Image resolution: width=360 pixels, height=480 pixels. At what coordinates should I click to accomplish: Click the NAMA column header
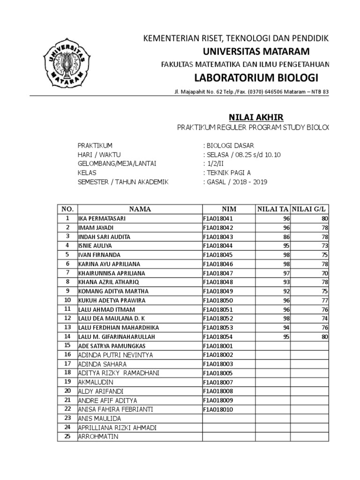140,209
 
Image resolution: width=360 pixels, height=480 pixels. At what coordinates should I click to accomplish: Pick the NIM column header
229,209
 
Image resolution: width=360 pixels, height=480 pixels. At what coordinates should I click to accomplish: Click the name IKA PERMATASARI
102,218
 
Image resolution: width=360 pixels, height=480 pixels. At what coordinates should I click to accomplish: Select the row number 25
67,437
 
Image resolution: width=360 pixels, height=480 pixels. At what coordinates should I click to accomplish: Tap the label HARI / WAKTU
99,155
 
